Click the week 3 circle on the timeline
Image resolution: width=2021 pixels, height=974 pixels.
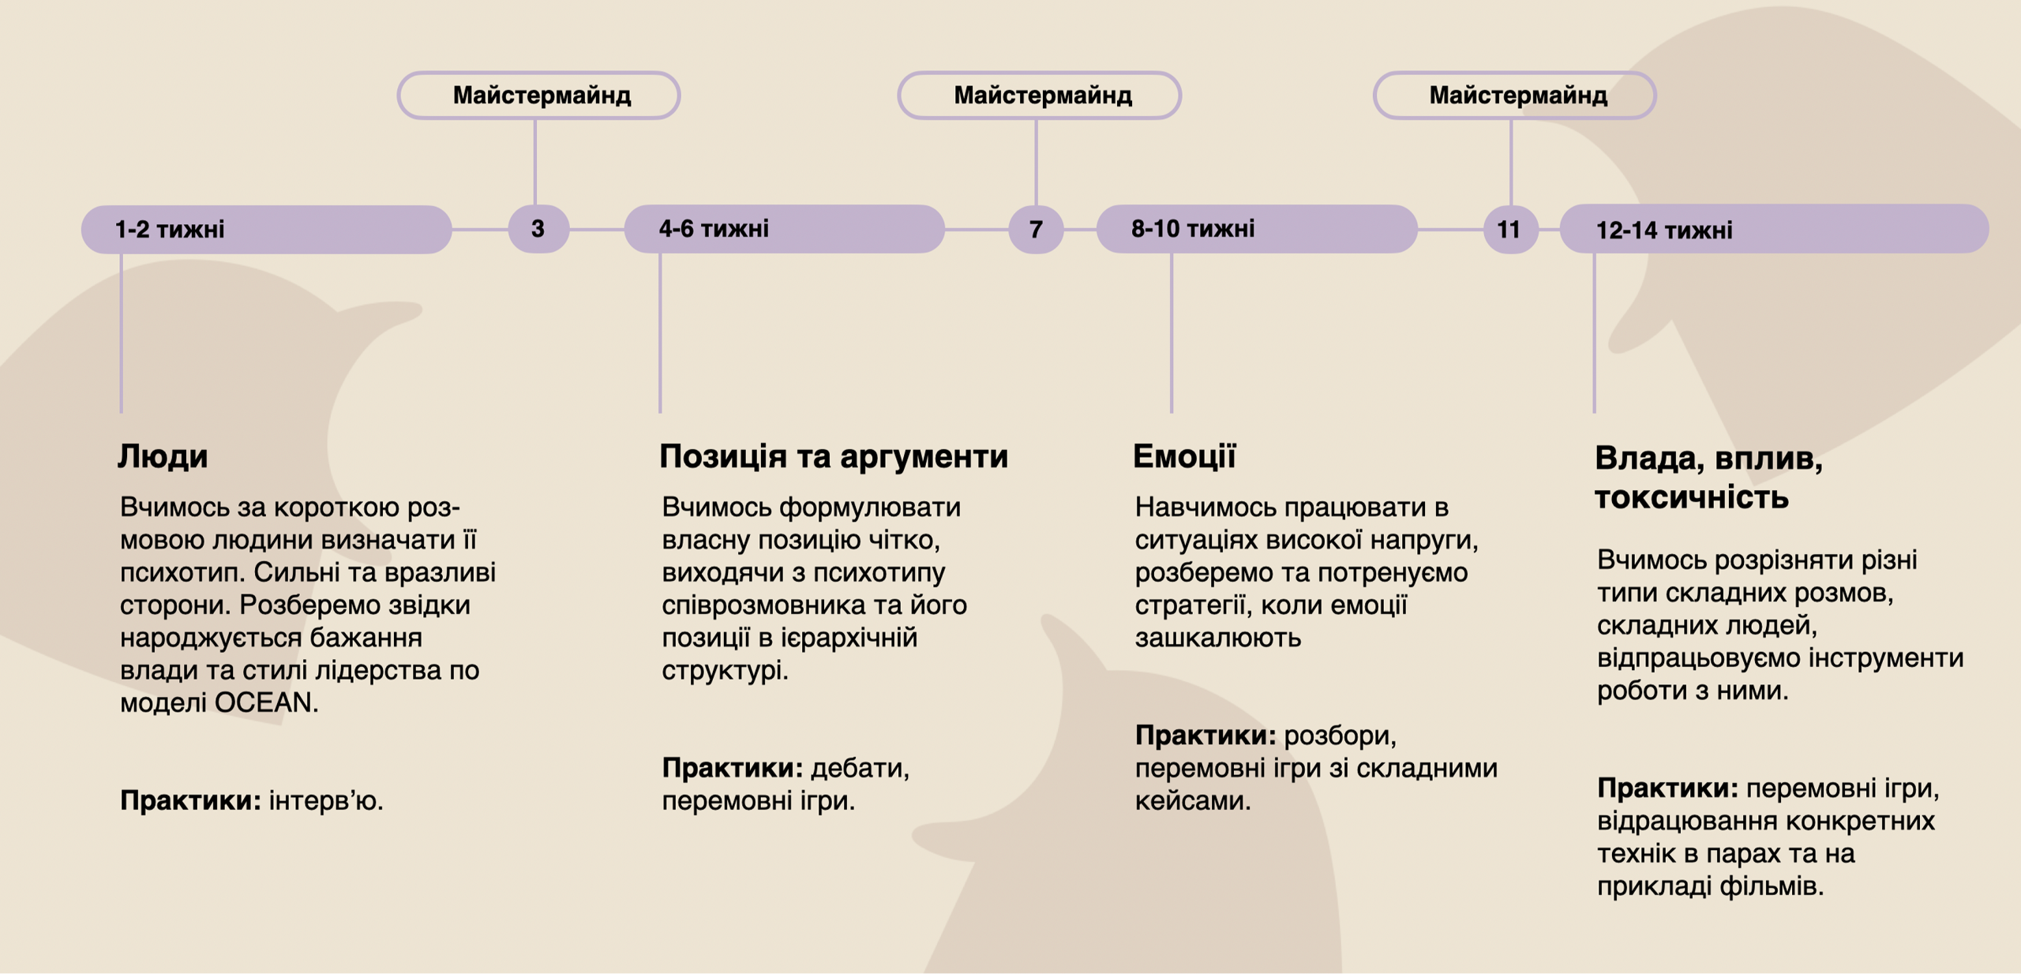[538, 229]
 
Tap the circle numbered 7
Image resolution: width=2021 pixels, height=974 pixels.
[1036, 229]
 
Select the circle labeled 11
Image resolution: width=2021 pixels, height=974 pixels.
[1510, 229]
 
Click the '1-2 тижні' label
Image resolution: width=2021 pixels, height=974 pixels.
[170, 230]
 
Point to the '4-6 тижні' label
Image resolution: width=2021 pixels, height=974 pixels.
[714, 229]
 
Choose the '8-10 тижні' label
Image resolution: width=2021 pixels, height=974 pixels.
[1193, 229]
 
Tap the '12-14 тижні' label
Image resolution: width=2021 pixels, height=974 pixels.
[1664, 230]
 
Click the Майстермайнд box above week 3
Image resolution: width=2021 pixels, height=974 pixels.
[539, 96]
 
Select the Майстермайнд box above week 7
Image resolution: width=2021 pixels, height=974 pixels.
[1040, 96]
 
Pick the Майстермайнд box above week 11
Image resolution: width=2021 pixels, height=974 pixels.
[1515, 96]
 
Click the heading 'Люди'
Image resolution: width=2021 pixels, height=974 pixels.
[163, 457]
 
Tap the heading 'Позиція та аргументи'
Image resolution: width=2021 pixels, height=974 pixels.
[834, 457]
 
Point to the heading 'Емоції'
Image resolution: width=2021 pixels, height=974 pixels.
[1184, 456]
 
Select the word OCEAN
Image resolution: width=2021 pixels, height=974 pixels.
[267, 702]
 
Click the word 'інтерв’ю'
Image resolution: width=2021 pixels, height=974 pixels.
[326, 800]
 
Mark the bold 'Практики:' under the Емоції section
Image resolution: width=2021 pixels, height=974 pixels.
[1205, 736]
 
